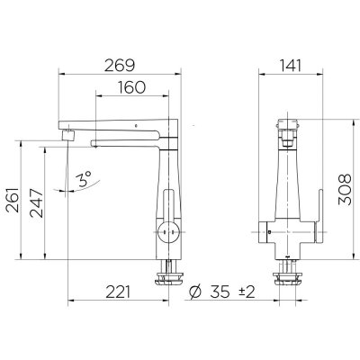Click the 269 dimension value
(120, 66)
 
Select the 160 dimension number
(131, 87)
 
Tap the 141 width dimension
(290, 66)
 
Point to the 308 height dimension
(345, 190)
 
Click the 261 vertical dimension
(13, 200)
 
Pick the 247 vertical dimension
(36, 203)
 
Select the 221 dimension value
(118, 292)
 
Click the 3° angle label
(84, 179)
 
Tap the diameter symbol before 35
(195, 292)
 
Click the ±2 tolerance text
(247, 292)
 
